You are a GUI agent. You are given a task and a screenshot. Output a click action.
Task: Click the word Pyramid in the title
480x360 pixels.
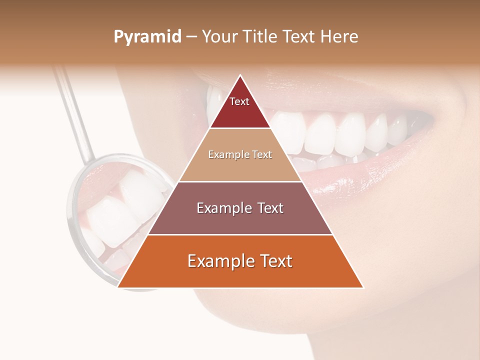147,37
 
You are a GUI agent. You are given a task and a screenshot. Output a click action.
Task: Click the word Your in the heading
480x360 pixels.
220,36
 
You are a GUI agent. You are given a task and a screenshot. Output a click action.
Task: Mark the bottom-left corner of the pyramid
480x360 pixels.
118,287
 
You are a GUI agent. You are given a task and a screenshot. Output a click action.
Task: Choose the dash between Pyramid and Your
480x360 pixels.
191,37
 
